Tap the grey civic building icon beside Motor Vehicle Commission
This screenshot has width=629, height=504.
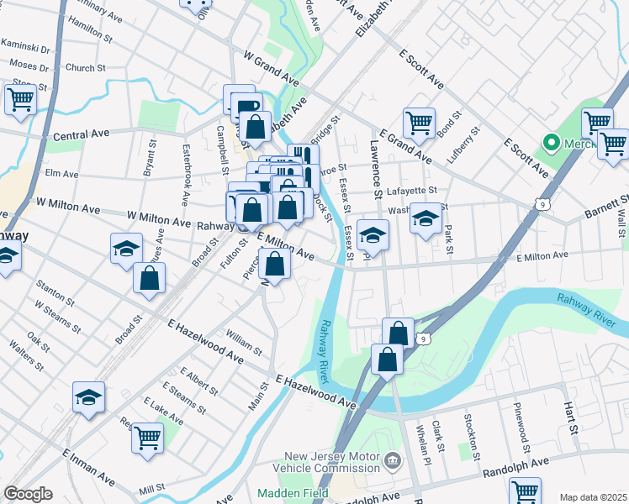392,460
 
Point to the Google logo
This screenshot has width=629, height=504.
28,494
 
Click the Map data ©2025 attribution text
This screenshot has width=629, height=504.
593,497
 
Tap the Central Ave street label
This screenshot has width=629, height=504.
82,134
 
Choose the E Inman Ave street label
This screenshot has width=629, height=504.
88,466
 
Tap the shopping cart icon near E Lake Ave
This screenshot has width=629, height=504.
147,438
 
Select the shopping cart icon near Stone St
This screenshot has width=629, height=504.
20,100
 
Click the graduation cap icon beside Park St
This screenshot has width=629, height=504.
426,220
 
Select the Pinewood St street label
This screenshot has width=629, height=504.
521,423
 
